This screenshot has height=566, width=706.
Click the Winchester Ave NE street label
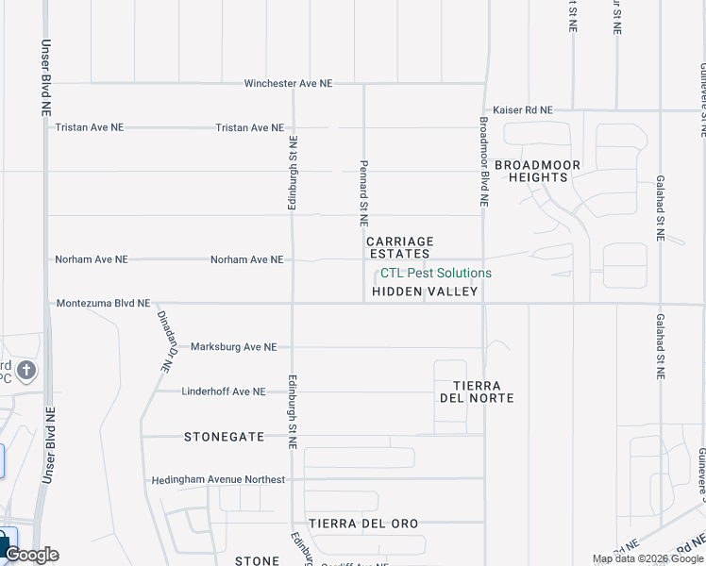pos(288,83)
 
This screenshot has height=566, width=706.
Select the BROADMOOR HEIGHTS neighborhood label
pos(538,171)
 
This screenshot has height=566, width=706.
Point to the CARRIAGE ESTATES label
pos(400,247)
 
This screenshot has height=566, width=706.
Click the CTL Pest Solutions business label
pos(435,273)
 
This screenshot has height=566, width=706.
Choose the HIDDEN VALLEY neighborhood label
pos(425,292)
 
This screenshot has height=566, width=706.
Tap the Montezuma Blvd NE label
pos(103,304)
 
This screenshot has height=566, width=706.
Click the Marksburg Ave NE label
pos(233,347)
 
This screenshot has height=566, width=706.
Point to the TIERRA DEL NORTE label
pos(477,391)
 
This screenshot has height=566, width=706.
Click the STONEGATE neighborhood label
pos(225,437)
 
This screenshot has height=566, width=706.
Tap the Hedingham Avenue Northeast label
pos(218,480)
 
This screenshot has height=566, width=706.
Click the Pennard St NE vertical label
pos(363,192)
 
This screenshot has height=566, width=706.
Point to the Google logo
pos(31,555)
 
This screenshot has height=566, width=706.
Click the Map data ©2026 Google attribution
pos(647,558)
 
